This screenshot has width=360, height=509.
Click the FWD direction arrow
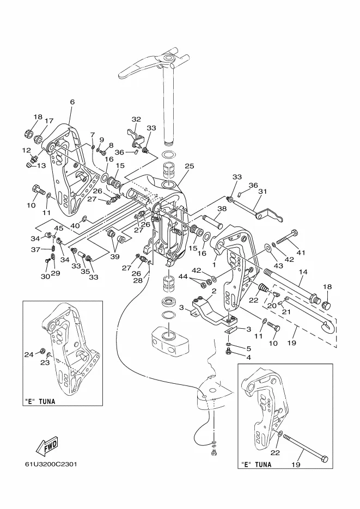click(47, 445)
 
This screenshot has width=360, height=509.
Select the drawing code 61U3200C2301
click(51, 464)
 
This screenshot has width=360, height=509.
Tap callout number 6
click(72, 102)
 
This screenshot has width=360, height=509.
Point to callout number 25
click(189, 166)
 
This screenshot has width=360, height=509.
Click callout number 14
click(303, 272)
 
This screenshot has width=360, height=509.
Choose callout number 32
click(136, 119)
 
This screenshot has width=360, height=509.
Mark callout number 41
click(301, 252)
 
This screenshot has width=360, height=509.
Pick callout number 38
click(222, 209)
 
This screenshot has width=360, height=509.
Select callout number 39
click(114, 257)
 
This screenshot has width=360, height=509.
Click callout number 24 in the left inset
click(29, 355)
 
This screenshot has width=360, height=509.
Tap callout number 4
click(249, 358)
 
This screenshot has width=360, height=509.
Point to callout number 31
click(263, 192)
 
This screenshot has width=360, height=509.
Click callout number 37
click(36, 250)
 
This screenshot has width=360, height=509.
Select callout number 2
click(214, 290)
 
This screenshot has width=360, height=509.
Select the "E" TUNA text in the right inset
click(256, 464)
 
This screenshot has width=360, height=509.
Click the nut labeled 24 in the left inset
click(42, 351)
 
